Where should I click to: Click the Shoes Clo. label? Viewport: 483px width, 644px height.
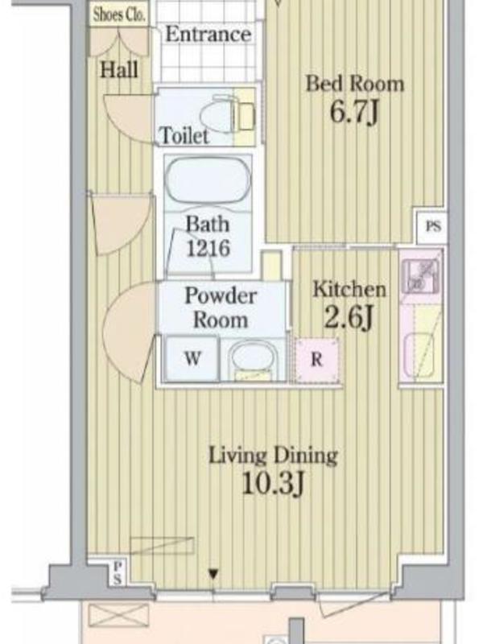(x=119, y=14)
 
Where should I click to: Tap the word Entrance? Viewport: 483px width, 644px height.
(x=208, y=34)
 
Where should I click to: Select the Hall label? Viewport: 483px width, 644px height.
(x=119, y=70)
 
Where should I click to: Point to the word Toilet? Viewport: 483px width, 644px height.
(x=184, y=135)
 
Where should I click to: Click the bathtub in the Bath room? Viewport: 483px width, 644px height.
(x=208, y=180)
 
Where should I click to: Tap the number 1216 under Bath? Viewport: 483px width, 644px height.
(x=208, y=248)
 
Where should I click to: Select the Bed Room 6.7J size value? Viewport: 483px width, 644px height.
(x=354, y=112)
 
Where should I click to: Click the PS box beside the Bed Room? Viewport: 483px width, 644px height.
(x=432, y=226)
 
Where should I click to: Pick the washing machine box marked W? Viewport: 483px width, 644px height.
(x=192, y=358)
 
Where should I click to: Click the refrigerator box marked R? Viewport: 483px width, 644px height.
(x=317, y=360)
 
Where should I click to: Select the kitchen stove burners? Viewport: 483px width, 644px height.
(x=421, y=276)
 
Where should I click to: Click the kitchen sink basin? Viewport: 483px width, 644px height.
(x=419, y=355)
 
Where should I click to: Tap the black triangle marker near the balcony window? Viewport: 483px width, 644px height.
(x=213, y=574)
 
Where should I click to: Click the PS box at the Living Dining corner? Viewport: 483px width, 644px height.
(x=118, y=573)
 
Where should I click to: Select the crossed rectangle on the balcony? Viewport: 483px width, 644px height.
(x=118, y=615)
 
